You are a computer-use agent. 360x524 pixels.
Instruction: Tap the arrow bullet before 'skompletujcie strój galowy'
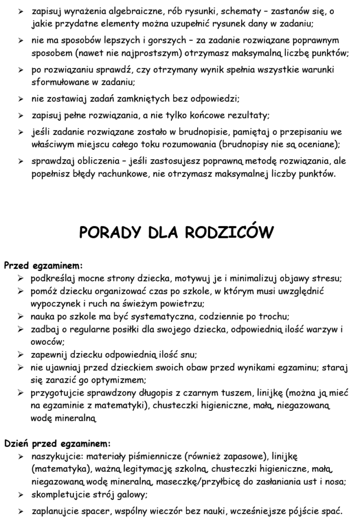(x=21, y=495)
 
